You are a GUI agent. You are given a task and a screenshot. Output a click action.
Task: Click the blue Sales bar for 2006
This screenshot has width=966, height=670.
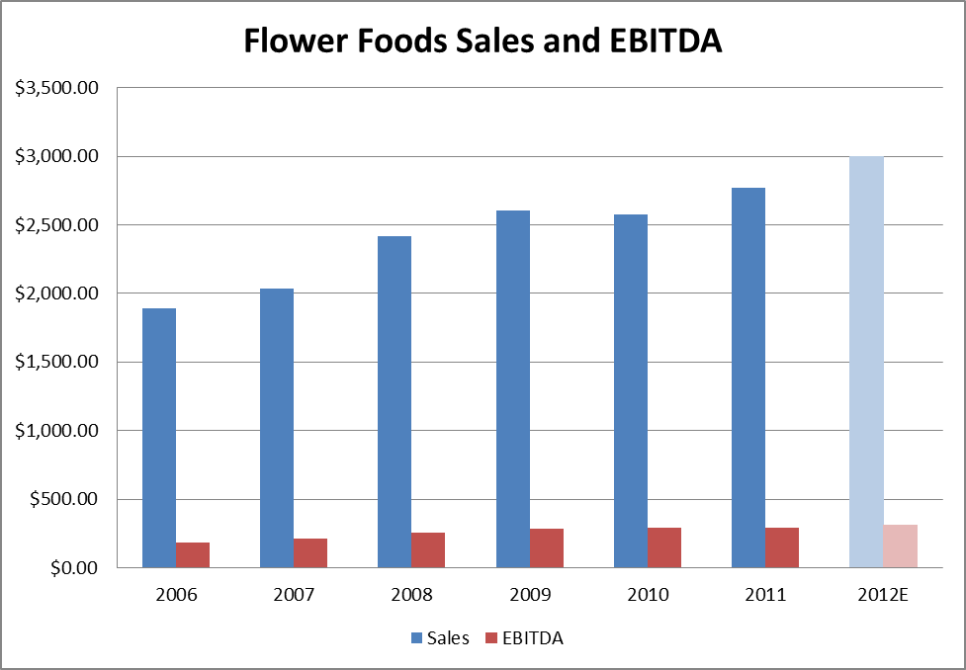point(159,438)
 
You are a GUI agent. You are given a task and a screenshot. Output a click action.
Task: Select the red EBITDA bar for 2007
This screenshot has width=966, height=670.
point(310,553)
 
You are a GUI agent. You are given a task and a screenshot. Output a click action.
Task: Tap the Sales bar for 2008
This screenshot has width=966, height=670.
point(395,401)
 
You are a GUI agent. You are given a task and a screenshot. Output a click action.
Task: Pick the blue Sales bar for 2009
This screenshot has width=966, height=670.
point(512,388)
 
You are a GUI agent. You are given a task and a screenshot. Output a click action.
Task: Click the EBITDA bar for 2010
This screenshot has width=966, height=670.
point(663,547)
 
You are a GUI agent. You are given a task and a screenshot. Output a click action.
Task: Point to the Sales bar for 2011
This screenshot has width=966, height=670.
point(747,377)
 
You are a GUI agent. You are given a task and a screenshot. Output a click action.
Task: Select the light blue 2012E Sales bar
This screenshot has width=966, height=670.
point(866,362)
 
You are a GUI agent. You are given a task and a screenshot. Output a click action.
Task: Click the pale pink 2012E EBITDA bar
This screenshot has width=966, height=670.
point(900,546)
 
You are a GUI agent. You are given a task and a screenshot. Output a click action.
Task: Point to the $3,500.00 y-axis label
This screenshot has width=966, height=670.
point(57,88)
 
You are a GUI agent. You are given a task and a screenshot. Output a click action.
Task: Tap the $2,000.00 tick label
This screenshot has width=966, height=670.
point(57,293)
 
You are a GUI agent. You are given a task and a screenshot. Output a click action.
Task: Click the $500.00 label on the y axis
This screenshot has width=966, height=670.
point(64,499)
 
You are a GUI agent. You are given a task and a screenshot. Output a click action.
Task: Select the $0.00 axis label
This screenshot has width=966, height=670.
point(71,568)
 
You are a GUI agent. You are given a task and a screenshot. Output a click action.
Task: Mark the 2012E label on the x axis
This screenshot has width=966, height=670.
point(883,595)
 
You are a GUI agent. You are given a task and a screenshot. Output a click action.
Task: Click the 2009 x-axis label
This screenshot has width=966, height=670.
point(529,595)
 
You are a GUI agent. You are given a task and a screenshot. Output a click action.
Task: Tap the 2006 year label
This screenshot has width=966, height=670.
point(176,595)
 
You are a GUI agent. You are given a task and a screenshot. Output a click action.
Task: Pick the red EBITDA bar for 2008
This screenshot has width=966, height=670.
point(428,550)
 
